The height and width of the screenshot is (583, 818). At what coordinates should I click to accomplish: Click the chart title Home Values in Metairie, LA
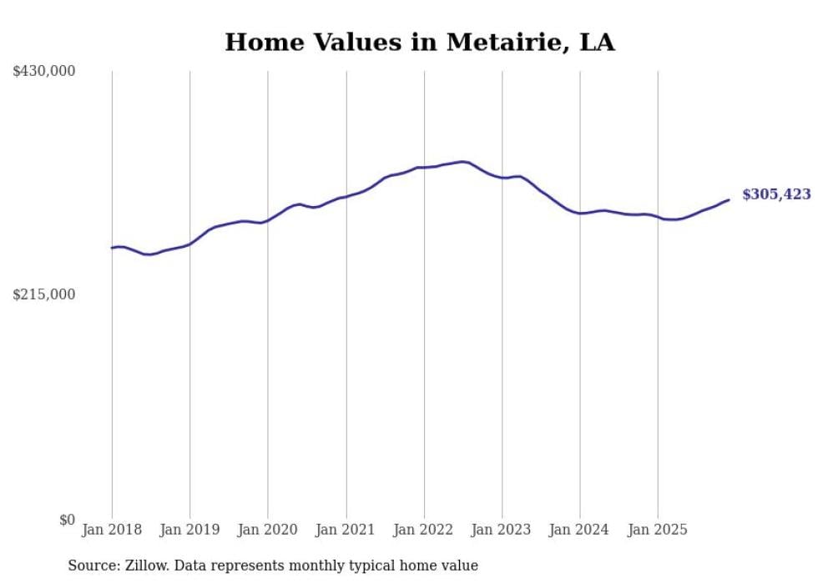pyautogui.click(x=419, y=43)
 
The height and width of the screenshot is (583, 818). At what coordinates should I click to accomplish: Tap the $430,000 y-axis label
pyautogui.click(x=44, y=72)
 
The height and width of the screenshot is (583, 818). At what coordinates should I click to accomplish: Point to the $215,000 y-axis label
pyautogui.click(x=44, y=294)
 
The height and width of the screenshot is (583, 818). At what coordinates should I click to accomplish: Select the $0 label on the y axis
pyautogui.click(x=67, y=520)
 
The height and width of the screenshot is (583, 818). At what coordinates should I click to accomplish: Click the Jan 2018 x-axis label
pyautogui.click(x=112, y=530)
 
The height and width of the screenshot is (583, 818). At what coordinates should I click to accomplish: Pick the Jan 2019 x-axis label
pyautogui.click(x=189, y=530)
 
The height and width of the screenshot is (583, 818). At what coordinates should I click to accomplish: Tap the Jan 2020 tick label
pyautogui.click(x=268, y=530)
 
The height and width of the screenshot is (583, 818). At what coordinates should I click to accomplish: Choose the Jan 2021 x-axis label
pyautogui.click(x=346, y=530)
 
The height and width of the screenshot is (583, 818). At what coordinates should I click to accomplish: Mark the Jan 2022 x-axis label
pyautogui.click(x=424, y=530)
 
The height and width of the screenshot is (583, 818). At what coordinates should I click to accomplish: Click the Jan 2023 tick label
pyautogui.click(x=502, y=530)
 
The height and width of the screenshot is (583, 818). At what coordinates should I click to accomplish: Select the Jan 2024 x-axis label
pyautogui.click(x=580, y=530)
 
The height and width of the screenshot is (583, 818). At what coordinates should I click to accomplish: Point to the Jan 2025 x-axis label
pyautogui.click(x=658, y=530)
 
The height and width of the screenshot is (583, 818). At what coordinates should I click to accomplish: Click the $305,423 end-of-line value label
pyautogui.click(x=776, y=194)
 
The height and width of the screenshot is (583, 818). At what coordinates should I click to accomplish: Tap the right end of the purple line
pyautogui.click(x=729, y=199)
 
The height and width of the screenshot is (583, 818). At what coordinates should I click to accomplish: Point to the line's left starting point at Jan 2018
pyautogui.click(x=112, y=248)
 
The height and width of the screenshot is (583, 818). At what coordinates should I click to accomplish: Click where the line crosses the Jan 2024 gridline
pyautogui.click(x=580, y=214)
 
